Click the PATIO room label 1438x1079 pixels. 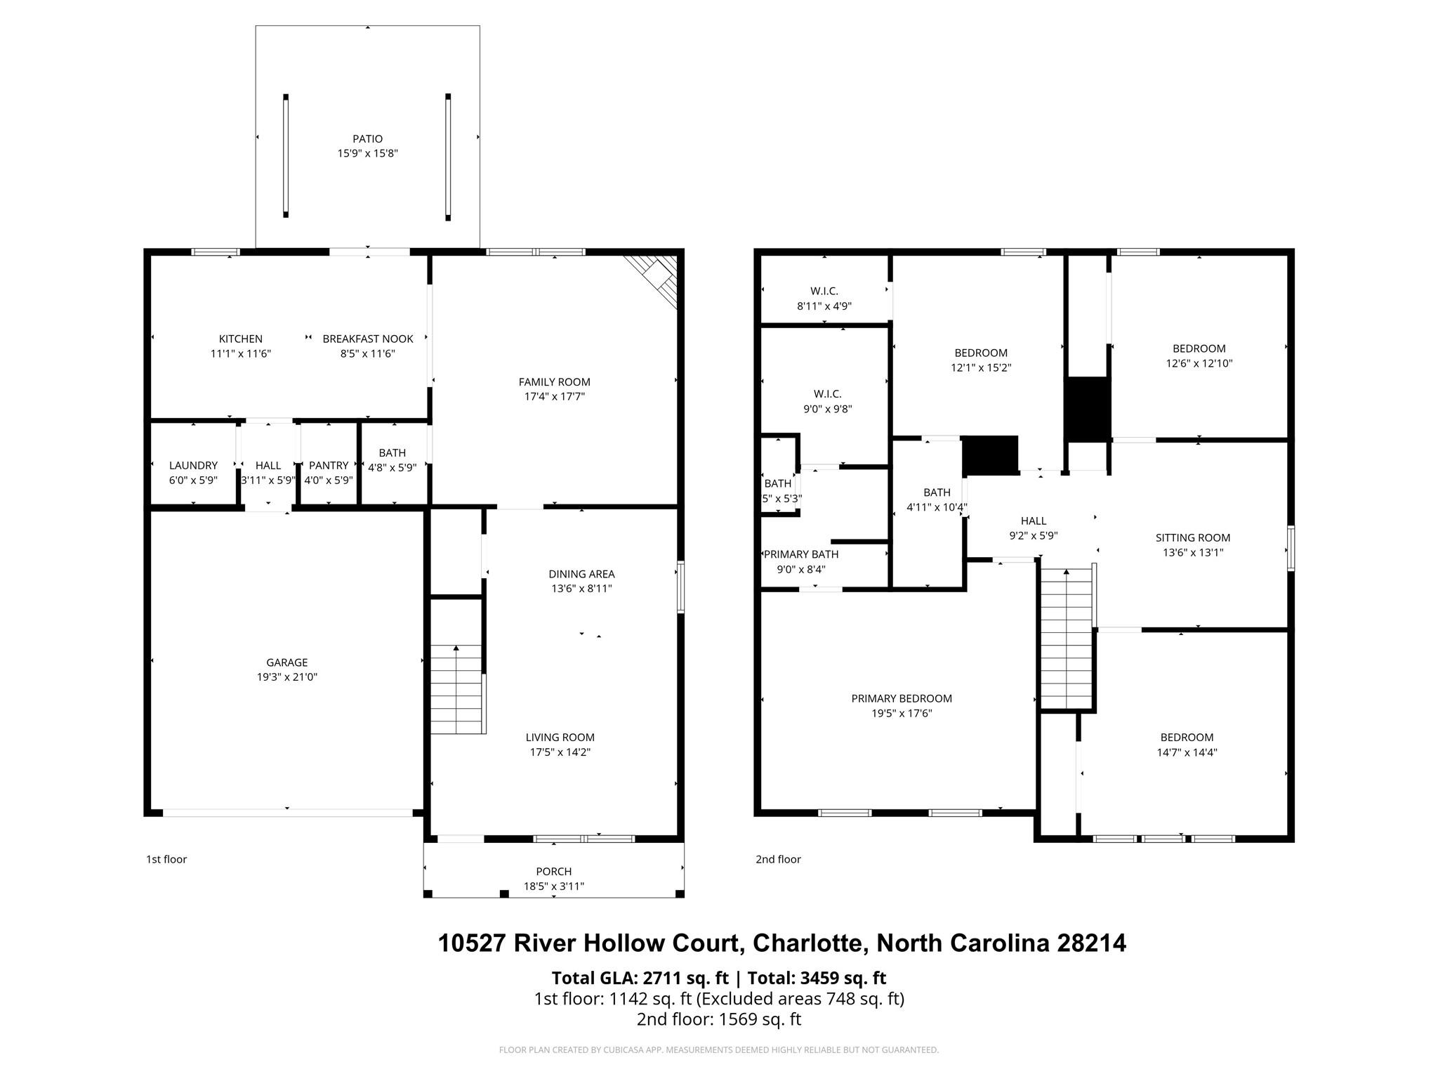coord(367,139)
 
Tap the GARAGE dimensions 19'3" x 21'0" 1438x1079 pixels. coord(287,677)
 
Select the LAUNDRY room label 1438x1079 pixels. coord(193,465)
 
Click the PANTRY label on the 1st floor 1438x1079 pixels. coord(329,465)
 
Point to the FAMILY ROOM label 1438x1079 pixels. coord(555,382)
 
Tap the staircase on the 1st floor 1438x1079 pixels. coord(457,690)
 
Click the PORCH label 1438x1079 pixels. coord(554,872)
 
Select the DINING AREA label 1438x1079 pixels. coord(581,574)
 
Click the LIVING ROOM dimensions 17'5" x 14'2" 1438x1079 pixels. coord(560,752)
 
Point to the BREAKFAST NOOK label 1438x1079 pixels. coord(368,339)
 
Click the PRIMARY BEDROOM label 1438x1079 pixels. coord(902,698)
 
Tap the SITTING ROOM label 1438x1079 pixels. coord(1193,538)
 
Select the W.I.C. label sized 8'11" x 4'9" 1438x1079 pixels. coord(824,291)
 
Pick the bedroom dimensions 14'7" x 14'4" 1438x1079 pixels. coord(1187,752)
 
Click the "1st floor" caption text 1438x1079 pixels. coord(166,859)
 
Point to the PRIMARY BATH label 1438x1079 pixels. coord(801,554)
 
